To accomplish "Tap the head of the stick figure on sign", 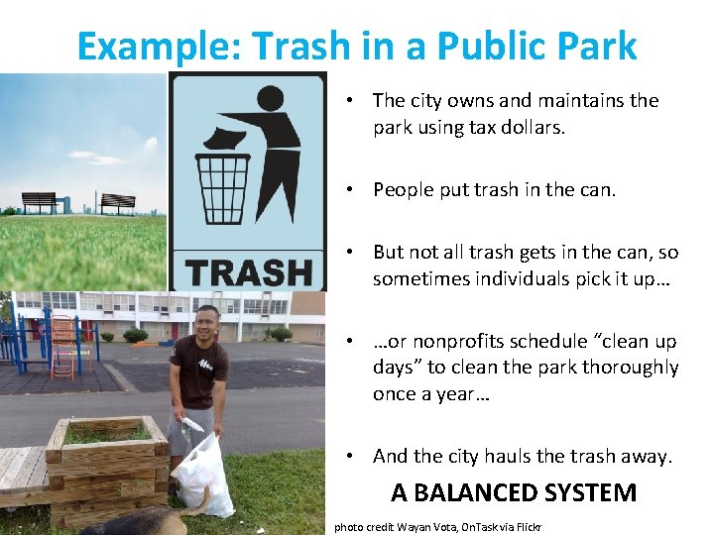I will pos(270,99).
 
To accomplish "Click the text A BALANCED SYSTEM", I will pos(514,492).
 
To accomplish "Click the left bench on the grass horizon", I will pos(39,201).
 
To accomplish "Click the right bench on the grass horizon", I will pos(118,202).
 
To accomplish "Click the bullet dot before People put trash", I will pos(353,189).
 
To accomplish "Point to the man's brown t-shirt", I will pos(198,371).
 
